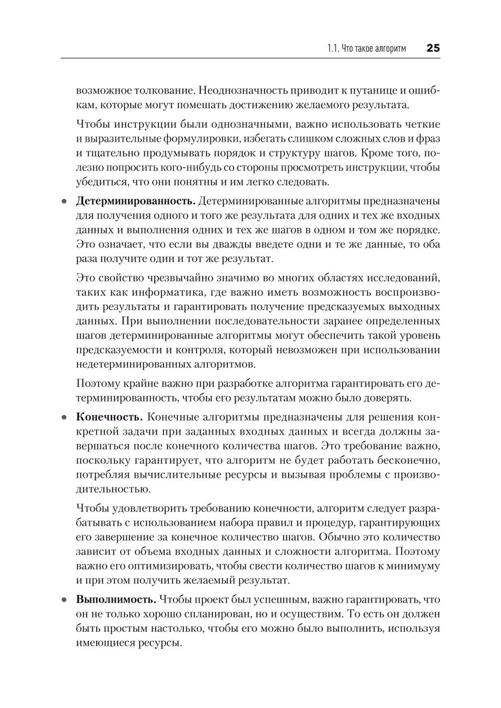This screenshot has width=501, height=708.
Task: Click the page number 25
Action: coord(433,48)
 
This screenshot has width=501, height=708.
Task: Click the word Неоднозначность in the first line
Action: coord(235,91)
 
